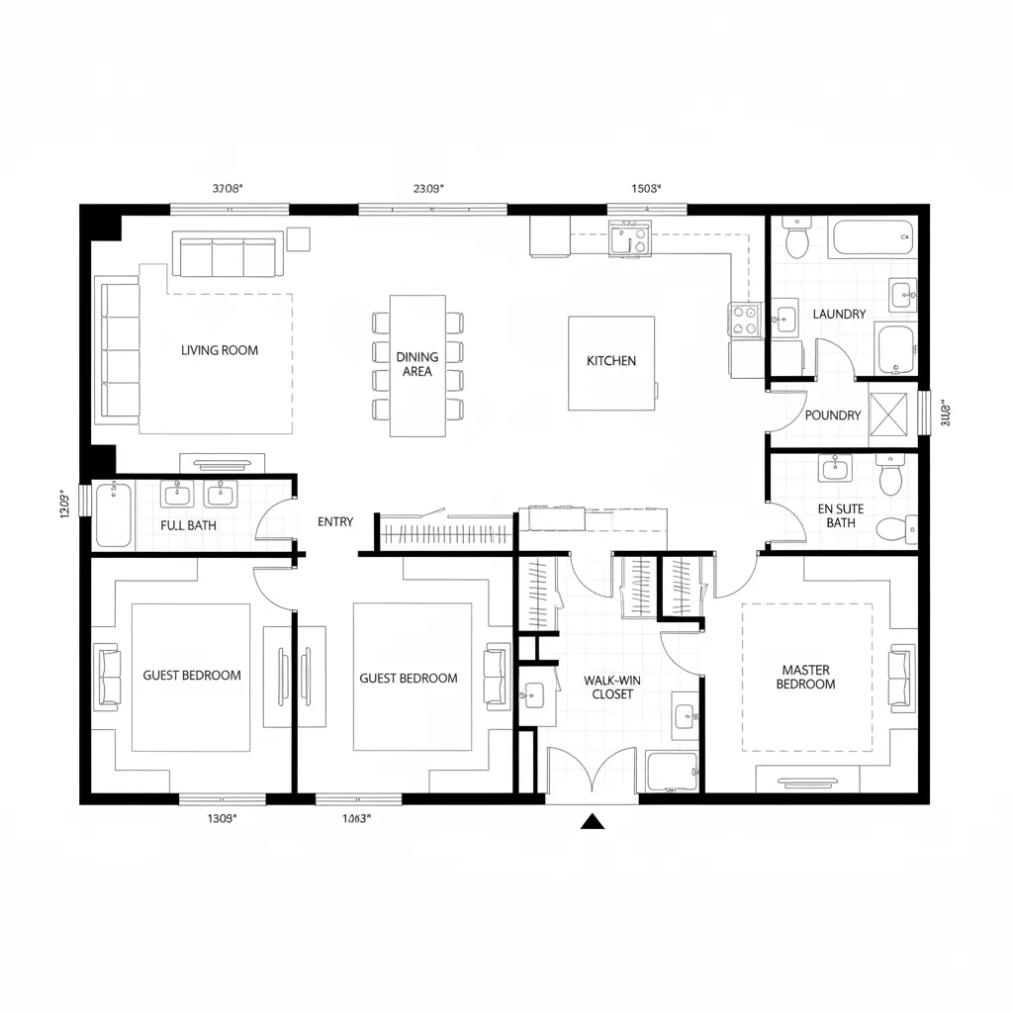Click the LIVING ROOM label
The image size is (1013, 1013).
pyautogui.click(x=220, y=350)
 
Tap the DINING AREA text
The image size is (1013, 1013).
pyautogui.click(x=417, y=364)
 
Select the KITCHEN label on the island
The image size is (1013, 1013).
pyautogui.click(x=611, y=361)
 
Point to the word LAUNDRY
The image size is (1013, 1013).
pyautogui.click(x=839, y=314)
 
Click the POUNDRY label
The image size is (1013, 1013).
pyautogui.click(x=833, y=415)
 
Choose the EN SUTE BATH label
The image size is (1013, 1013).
pyautogui.click(x=841, y=515)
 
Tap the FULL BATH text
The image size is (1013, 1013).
pyautogui.click(x=188, y=525)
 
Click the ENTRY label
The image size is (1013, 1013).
pyautogui.click(x=335, y=521)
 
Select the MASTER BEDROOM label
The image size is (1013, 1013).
pyautogui.click(x=807, y=677)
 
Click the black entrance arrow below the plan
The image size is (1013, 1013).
pyautogui.click(x=593, y=820)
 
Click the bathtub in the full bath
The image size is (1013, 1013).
pyautogui.click(x=114, y=513)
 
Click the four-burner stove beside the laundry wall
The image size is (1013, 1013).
pyautogui.click(x=744, y=320)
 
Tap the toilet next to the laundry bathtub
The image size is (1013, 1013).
pyautogui.click(x=796, y=238)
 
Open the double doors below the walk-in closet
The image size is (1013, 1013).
pyautogui.click(x=592, y=772)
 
